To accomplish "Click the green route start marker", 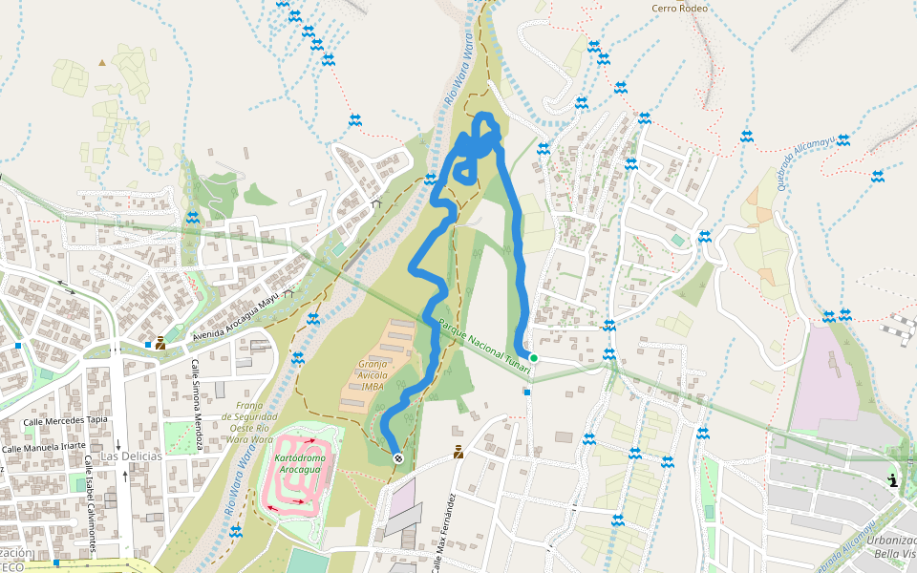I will pos(534,358).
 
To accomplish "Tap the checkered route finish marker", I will pos(398,458).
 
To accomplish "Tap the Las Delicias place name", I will pos(132,456).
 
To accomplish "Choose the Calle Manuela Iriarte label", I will pos(44,447).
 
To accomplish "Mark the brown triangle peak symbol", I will pos(102,63).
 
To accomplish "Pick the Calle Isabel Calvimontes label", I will pos(89,502).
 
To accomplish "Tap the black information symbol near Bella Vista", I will pos(892,480).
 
